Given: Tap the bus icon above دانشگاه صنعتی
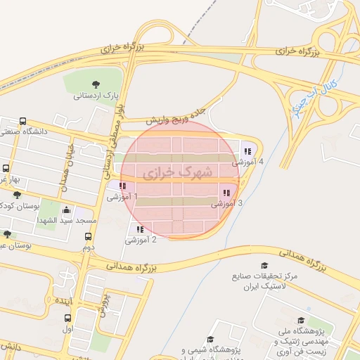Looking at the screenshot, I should click(x=23, y=121).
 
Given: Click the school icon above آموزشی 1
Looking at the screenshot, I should click(x=123, y=186).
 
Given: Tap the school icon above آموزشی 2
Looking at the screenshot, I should click(x=140, y=229).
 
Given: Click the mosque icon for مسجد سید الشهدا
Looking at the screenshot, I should click(x=66, y=210).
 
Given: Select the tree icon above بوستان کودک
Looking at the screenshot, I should click(x=17, y=194).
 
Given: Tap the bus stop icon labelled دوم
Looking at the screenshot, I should click(x=89, y=237).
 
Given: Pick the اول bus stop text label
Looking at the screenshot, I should click(x=67, y=329).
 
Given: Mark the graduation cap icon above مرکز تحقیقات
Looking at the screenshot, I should click(x=264, y=266).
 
